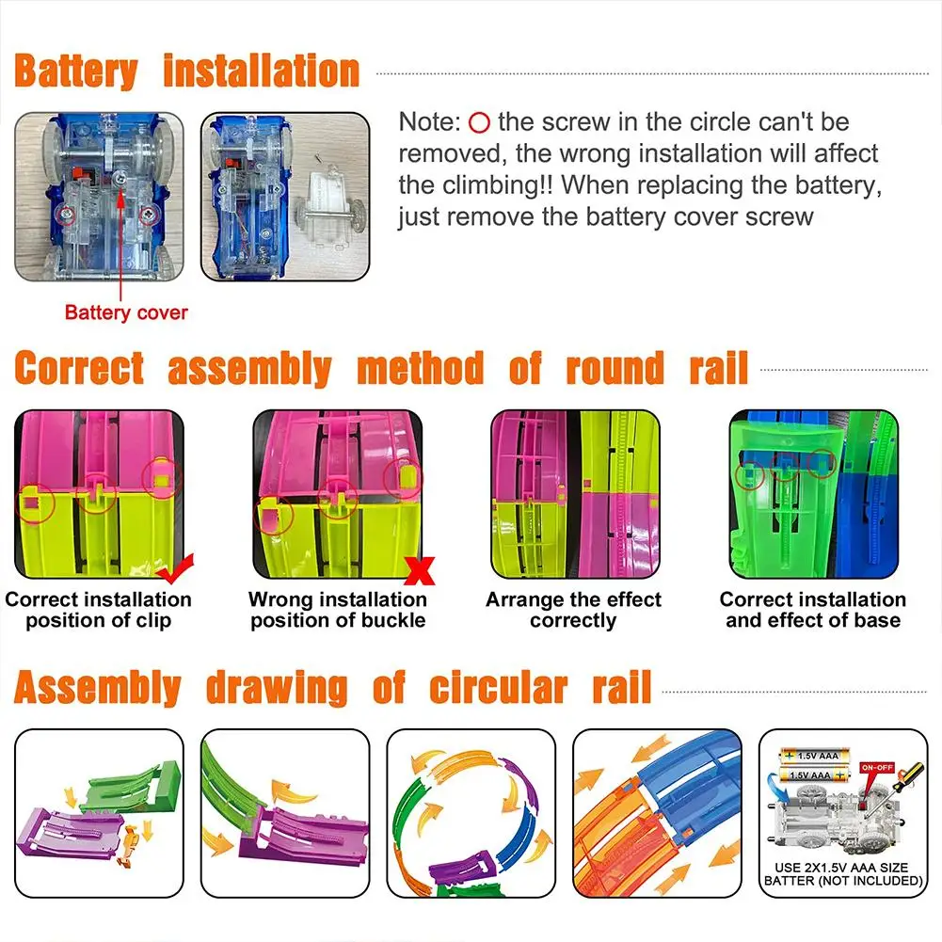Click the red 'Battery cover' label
pos(126,312)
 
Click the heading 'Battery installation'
pos(187,72)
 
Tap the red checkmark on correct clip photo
pos(174,569)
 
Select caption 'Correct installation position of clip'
pos(98,610)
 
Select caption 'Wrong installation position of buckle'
pos(338,610)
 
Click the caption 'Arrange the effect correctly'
pos(573,610)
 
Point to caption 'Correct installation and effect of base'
pos(812,610)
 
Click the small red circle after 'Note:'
pos(479,122)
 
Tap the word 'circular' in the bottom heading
pos(497,690)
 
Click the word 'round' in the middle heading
pos(615,369)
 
